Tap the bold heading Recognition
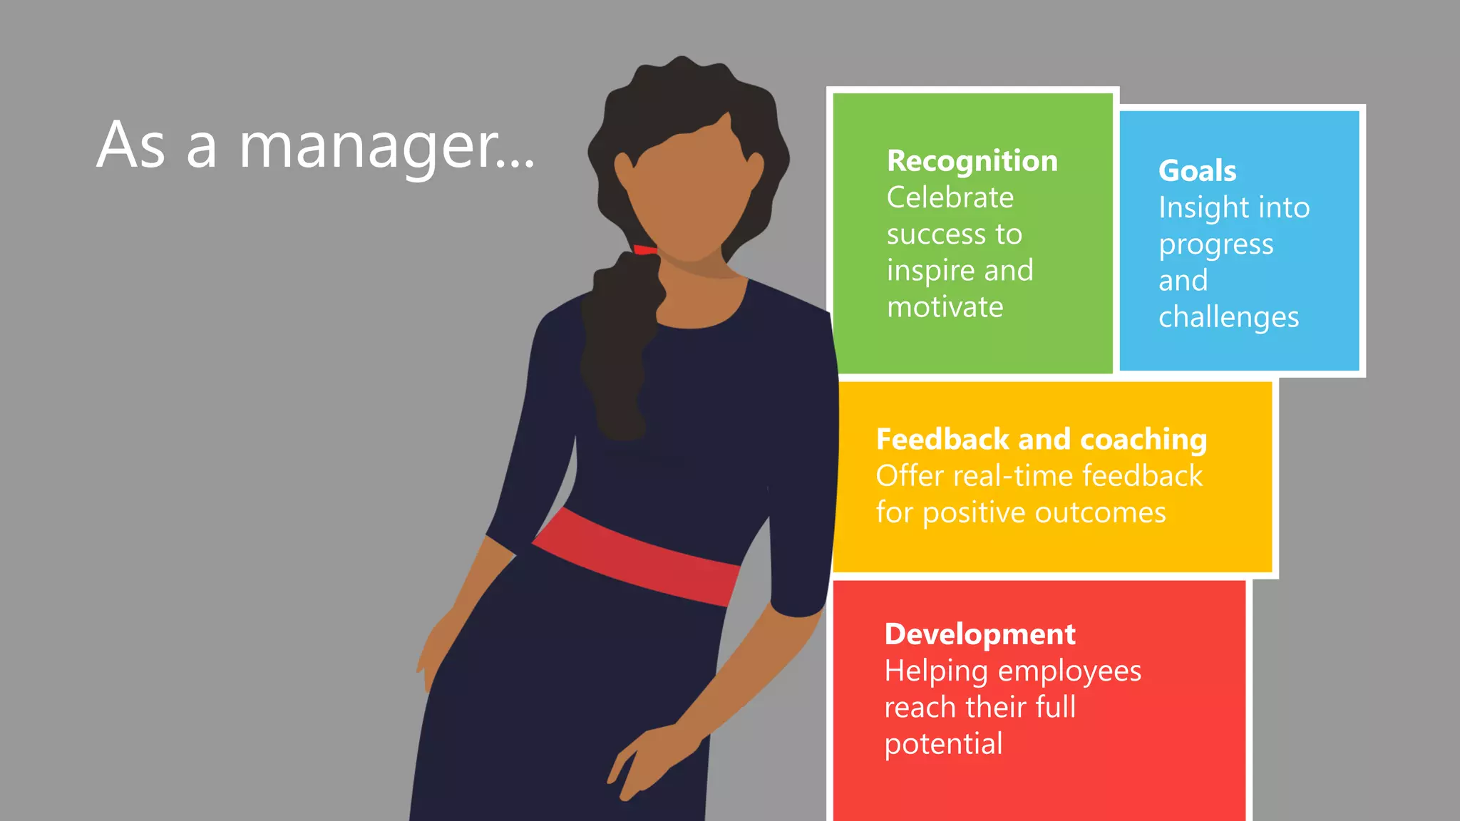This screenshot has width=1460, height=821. coord(972,162)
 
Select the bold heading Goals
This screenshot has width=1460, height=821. coord(1197,171)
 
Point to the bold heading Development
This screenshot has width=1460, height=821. coord(980,634)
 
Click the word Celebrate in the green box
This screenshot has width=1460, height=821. coord(950,198)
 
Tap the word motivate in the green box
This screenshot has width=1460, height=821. coord(945,307)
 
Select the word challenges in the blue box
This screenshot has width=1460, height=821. coord(1228,317)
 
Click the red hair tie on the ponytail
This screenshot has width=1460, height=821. coord(644,249)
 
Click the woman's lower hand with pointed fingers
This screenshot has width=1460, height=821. coord(642,763)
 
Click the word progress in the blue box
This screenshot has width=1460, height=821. coord(1215,245)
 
